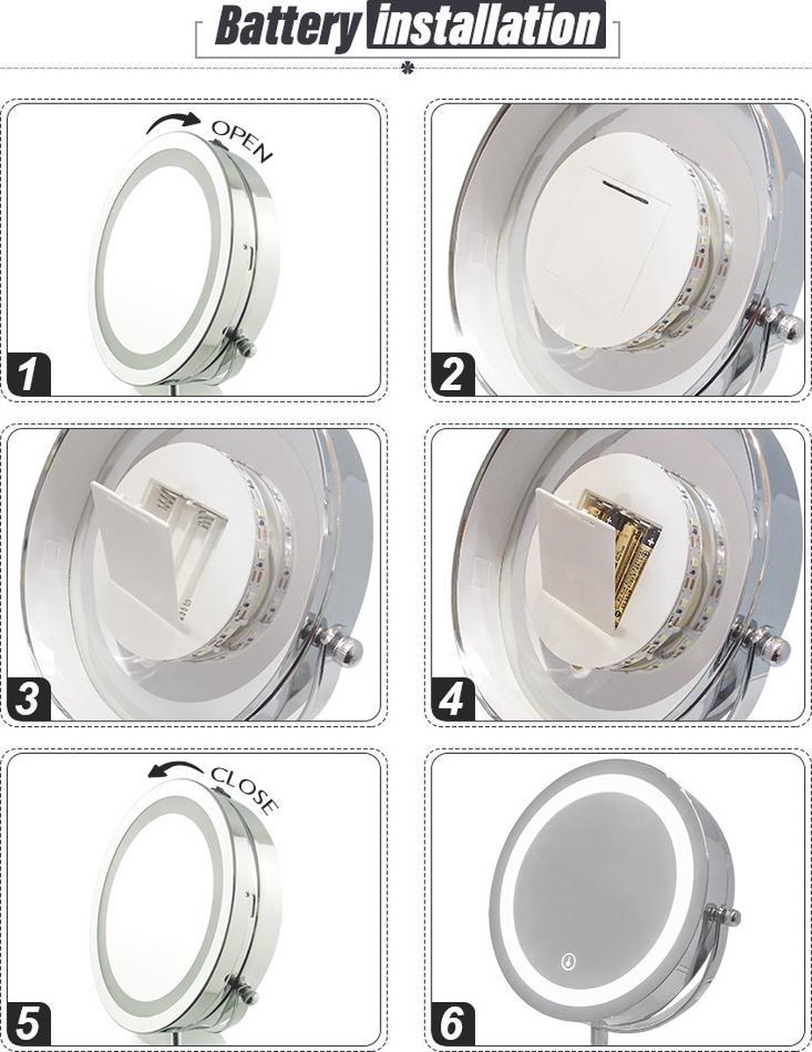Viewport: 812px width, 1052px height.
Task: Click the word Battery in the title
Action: pos(287,27)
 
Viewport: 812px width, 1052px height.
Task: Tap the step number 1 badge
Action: pos(28,375)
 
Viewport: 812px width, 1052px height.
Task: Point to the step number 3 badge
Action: pos(28,700)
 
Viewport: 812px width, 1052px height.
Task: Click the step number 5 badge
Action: pos(28,1023)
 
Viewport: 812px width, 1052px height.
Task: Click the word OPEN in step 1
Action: pos(242,140)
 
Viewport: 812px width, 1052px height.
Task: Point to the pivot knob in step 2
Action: pos(779,322)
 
